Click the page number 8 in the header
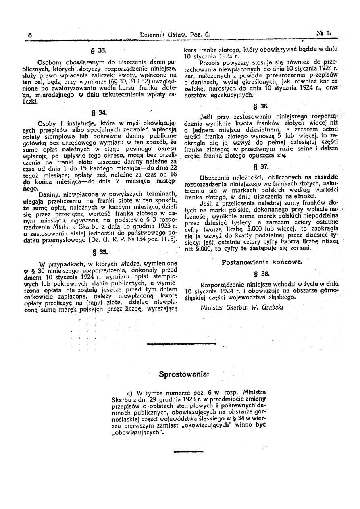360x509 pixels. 30,35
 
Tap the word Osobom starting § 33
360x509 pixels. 49,63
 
